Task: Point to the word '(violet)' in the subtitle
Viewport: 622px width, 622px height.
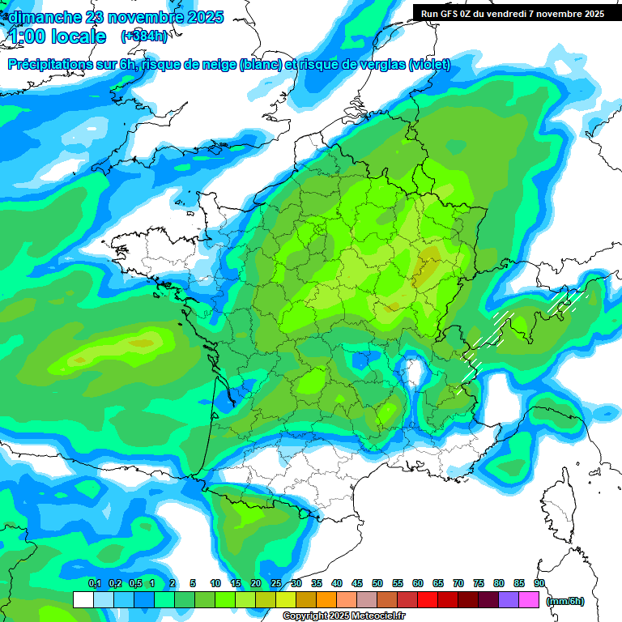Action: pos(429,65)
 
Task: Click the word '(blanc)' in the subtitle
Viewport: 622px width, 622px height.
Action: pos(261,65)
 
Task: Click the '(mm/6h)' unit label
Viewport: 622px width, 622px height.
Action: pos(565,601)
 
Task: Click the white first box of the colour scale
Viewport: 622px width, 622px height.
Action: pos(83,600)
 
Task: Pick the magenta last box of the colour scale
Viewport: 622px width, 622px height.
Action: pos(529,600)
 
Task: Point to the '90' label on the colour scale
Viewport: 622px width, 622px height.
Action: pos(539,583)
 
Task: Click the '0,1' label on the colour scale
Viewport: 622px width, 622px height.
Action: pos(94,583)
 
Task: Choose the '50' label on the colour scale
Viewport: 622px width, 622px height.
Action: pos(377,583)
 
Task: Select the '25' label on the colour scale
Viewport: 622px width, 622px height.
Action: pos(276,583)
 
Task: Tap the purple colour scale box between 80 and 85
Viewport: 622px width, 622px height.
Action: pos(509,600)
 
